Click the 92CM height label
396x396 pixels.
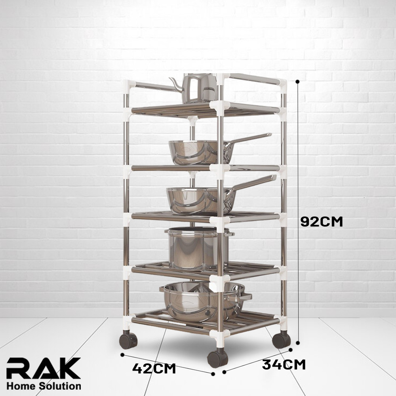pos(322,222)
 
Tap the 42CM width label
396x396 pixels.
pos(154,368)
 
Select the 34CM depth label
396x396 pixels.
pos(284,364)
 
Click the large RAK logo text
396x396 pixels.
pos(44,368)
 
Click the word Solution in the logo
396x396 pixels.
pos(60,386)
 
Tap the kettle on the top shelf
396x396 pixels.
pos(194,88)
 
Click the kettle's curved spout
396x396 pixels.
pos(176,84)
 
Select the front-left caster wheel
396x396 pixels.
pos(128,340)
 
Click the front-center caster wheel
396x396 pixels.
pos(217,358)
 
